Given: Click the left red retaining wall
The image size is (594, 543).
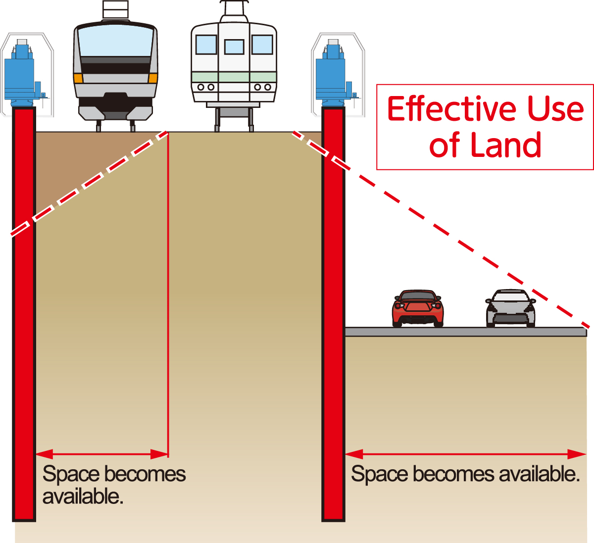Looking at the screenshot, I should click(x=24, y=317).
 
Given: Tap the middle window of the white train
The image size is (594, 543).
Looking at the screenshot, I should click(x=234, y=47).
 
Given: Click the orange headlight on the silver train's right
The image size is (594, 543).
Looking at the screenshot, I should click(x=153, y=78).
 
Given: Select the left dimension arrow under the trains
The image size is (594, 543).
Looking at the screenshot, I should click(x=102, y=454).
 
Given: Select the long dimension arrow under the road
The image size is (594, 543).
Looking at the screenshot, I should click(x=465, y=454).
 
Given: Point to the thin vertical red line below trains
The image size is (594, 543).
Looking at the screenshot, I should click(x=168, y=297).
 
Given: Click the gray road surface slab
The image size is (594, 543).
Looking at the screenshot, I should click(x=465, y=332).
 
